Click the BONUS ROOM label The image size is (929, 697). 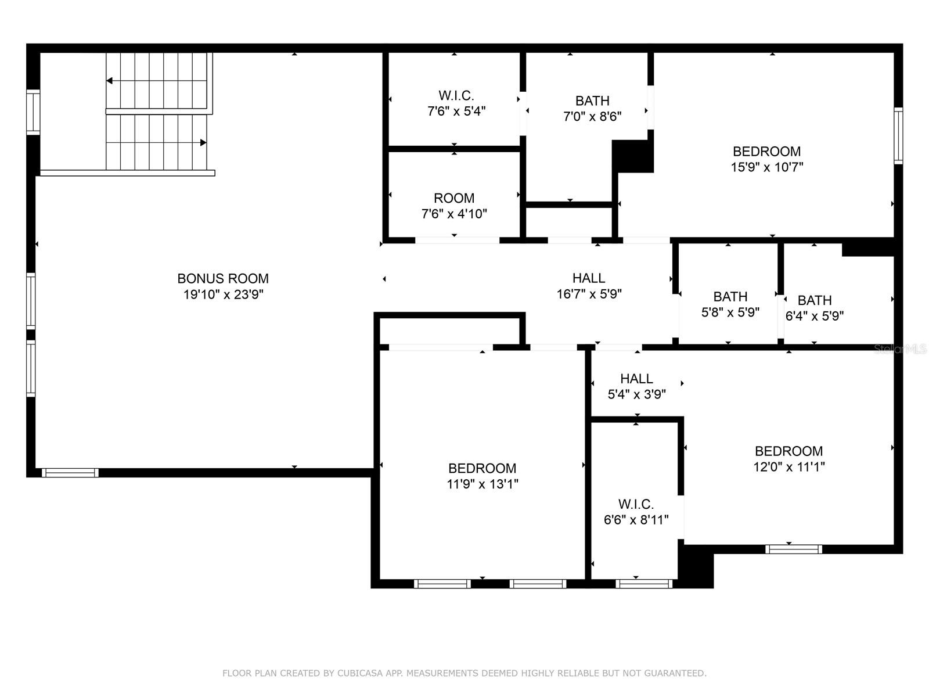pos(223,279)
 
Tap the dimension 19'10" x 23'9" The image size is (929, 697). pos(223,294)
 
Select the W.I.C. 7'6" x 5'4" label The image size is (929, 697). pos(456,103)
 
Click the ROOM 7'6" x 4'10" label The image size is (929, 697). pos(453,206)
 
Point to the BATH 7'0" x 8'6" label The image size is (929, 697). pos(592,109)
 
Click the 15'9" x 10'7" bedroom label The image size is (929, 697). pos(766,159)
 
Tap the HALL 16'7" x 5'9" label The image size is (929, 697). pos(589,286)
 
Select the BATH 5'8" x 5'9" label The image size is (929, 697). pos(730,304)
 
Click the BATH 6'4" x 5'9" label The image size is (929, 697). pos(814,308)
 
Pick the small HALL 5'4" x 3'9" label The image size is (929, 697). pos(636,386)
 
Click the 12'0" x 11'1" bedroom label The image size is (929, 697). pos(788,459)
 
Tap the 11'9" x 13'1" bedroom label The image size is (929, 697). pos(482,476)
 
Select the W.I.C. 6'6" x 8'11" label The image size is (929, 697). pos(636,512)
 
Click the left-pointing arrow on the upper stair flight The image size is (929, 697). pos(110,81)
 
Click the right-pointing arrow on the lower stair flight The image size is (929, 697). pos(203,142)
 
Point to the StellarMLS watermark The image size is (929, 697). pos(900,349)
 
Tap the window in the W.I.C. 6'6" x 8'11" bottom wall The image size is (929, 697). pos(644,584)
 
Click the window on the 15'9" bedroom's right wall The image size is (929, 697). pos(898,135)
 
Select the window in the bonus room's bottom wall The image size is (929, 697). pos(70,473)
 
